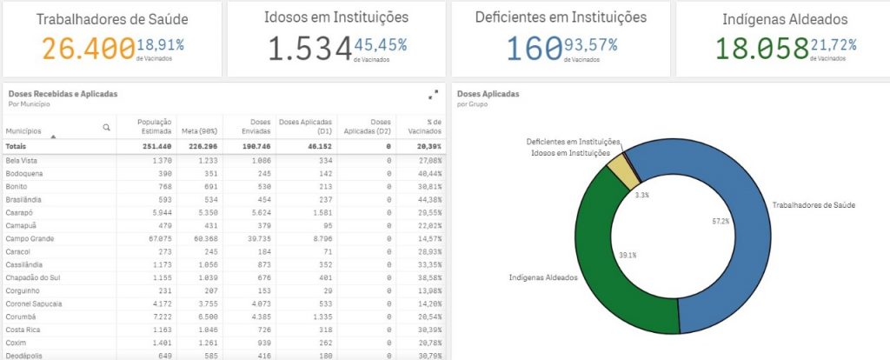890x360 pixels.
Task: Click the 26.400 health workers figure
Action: (x=88, y=50)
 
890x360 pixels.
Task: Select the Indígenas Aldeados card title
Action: (x=784, y=18)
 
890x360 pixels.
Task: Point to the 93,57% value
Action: (x=591, y=44)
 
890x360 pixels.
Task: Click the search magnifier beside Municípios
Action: (x=107, y=127)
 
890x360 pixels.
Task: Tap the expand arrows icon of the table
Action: (x=433, y=95)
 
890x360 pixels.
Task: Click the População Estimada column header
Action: (x=156, y=125)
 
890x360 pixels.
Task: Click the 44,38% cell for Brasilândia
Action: (x=428, y=199)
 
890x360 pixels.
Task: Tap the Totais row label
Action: (x=17, y=146)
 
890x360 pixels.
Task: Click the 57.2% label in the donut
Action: (x=721, y=222)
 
